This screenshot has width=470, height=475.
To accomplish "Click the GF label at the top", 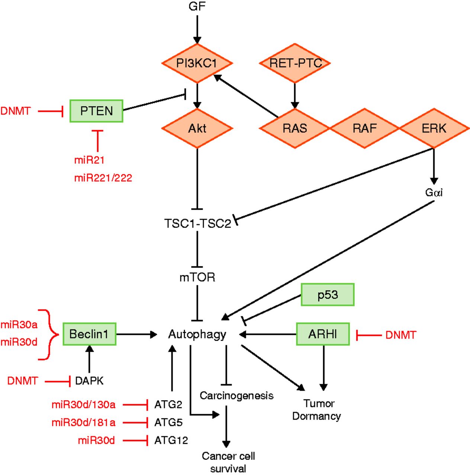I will pos(197,6).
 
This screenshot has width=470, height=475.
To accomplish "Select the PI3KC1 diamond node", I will pos(197,63).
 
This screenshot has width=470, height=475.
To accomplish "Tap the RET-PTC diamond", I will pos(295,63).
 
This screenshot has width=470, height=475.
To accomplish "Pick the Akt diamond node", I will pos(197,128).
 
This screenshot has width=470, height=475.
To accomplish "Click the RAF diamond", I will pos(364,128).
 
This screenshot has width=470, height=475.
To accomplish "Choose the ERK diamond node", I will pos(434,128).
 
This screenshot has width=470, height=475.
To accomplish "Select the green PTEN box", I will pos(96,111).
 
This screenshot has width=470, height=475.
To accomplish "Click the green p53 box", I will pos(327,295).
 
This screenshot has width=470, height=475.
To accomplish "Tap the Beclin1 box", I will pos(89,334).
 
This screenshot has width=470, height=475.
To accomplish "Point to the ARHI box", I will pos(323,334).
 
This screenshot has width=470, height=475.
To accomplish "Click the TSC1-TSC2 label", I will pos(197,224).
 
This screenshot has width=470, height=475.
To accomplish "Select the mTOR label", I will pos(197,277).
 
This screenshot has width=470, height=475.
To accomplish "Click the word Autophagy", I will pos(197,334).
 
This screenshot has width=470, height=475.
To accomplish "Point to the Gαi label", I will pos(434,193).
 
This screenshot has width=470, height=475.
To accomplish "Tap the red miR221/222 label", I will pos(103,178).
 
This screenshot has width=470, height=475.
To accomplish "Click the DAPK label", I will pos(89,381).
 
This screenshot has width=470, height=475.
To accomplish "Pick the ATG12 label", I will pos(171,440).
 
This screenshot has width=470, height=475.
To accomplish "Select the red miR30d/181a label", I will pos(83,423).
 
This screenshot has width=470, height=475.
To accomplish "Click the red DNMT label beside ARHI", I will pos(400,335).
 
